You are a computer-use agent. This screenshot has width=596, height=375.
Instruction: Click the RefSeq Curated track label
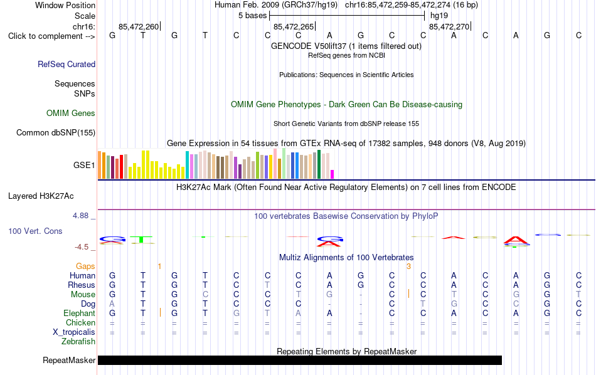(67, 64)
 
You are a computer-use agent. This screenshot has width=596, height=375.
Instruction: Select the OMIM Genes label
(71, 114)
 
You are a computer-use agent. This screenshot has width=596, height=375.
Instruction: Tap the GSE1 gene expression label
(84, 165)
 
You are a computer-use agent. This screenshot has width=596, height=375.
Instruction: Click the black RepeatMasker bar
(299, 360)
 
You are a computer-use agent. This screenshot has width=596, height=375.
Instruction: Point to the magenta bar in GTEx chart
(332, 174)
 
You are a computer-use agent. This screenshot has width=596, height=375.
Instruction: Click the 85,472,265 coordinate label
(294, 26)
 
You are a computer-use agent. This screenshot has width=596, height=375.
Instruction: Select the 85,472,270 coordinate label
(449, 26)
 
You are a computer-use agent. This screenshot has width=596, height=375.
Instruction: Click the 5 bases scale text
(252, 16)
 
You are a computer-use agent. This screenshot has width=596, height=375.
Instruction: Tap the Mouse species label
(83, 295)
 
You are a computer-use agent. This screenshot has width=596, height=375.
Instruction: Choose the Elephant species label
(79, 313)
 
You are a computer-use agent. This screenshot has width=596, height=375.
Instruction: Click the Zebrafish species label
(78, 341)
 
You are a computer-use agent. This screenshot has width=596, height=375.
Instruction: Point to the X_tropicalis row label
(74, 332)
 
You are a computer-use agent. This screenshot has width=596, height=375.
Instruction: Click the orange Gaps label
(85, 266)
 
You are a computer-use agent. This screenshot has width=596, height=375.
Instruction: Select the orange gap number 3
(408, 267)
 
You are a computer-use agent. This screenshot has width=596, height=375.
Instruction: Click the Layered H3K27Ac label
(41, 196)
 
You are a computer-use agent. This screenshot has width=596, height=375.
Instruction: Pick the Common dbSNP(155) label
(55, 132)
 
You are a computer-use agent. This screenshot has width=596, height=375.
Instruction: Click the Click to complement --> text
(51, 36)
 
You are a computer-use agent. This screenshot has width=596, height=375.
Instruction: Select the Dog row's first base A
(112, 304)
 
